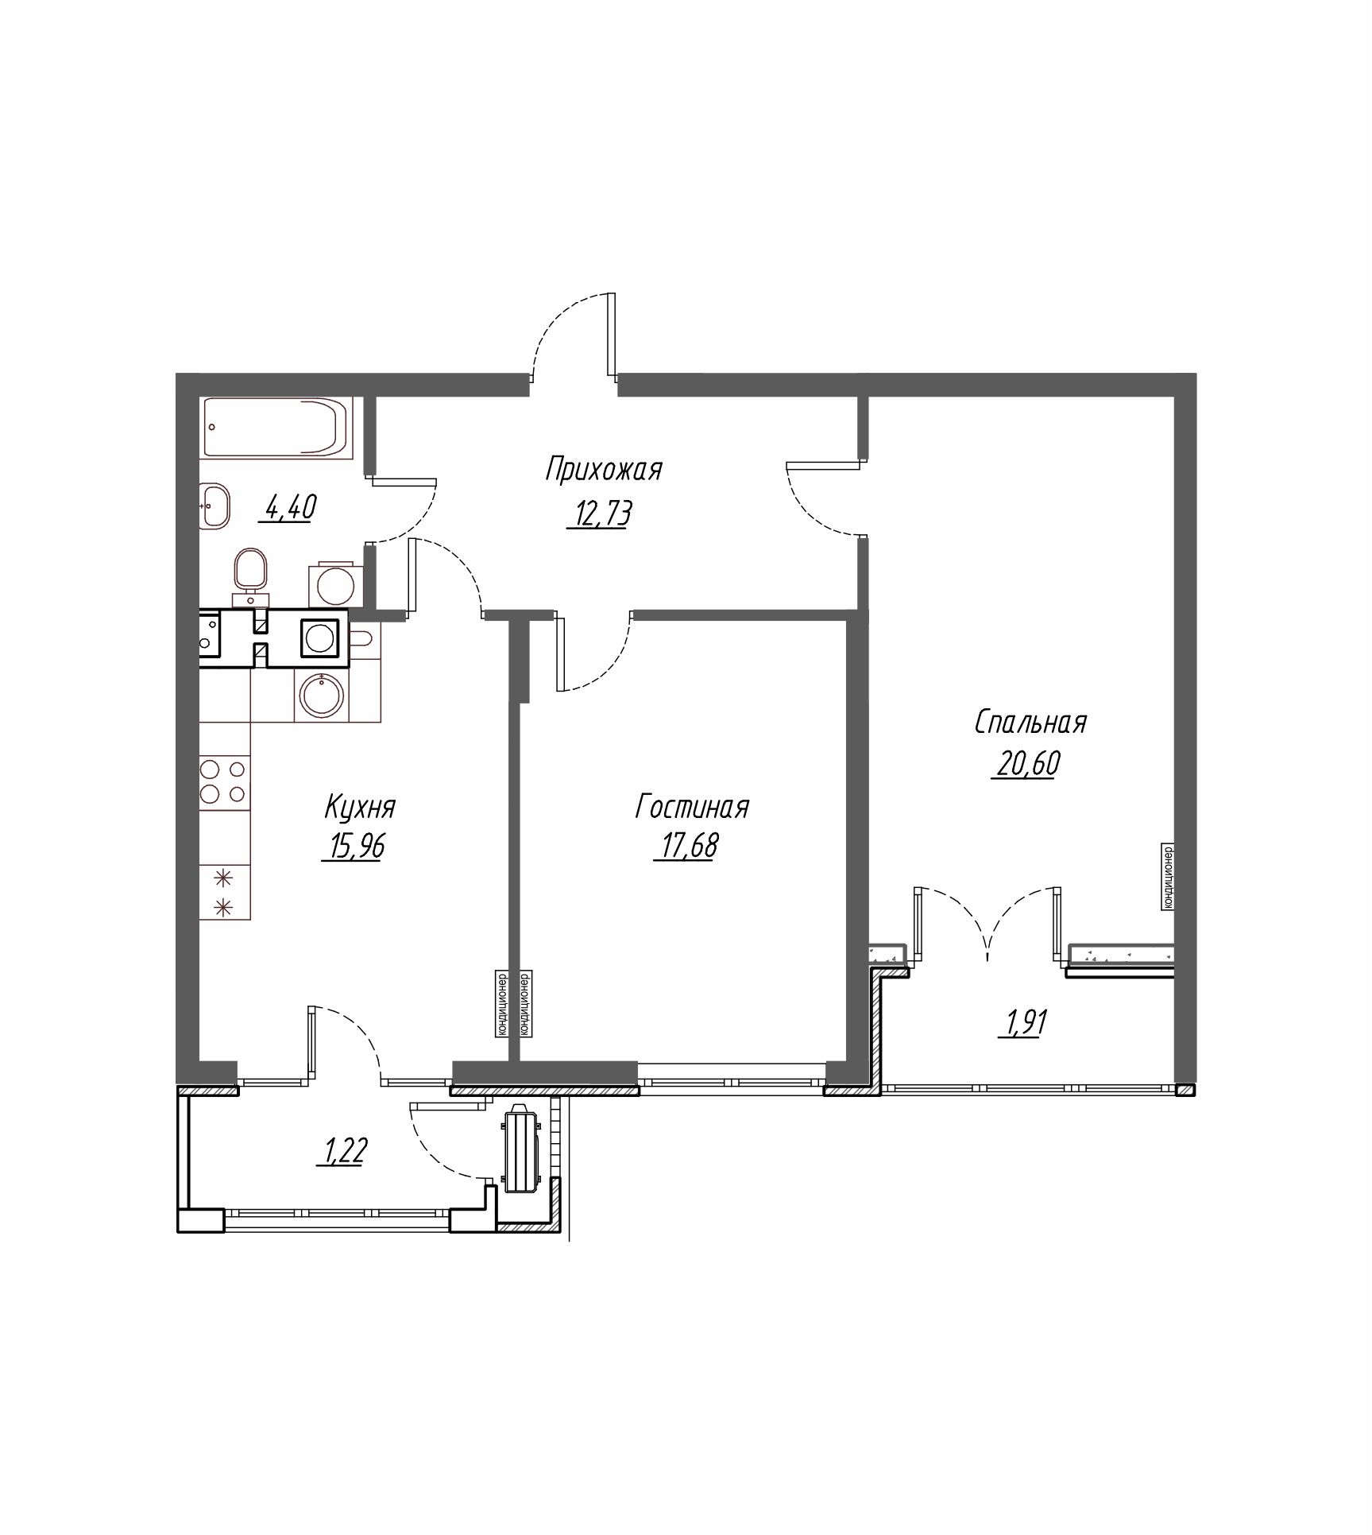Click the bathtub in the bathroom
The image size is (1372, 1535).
(x=276, y=427)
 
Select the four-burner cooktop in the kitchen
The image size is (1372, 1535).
(x=224, y=782)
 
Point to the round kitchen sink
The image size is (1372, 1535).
(x=322, y=696)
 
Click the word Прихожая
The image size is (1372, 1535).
(x=603, y=470)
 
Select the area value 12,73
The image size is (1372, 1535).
(x=600, y=515)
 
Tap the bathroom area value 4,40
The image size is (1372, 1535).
(x=288, y=506)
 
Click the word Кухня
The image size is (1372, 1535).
(x=359, y=808)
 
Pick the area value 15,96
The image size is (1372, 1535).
(x=354, y=847)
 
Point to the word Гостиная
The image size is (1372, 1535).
(x=691, y=808)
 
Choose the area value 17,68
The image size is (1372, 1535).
(x=686, y=847)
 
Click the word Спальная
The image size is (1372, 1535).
(x=1030, y=723)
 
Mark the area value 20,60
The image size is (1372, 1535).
(x=1025, y=764)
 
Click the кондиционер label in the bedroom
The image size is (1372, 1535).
(x=1168, y=878)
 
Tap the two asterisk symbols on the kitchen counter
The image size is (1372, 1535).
(x=225, y=891)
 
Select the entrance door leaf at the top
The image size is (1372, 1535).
(x=610, y=334)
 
